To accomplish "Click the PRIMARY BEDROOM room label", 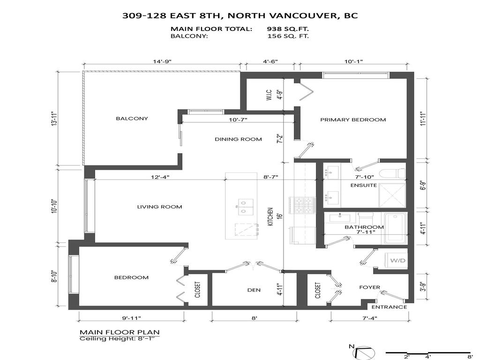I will coord(353,120).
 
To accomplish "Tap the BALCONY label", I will coord(132,119).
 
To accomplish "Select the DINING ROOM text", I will coord(238,139).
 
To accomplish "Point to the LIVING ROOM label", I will coord(159,207).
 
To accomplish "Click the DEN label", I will coord(254,290).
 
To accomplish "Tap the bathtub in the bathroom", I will coord(395,229).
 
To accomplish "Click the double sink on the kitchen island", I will coord(245,207).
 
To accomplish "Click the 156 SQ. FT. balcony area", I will coord(288,36).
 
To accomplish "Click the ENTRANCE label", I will coord(389,307).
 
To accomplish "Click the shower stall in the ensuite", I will coord(392,194).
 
